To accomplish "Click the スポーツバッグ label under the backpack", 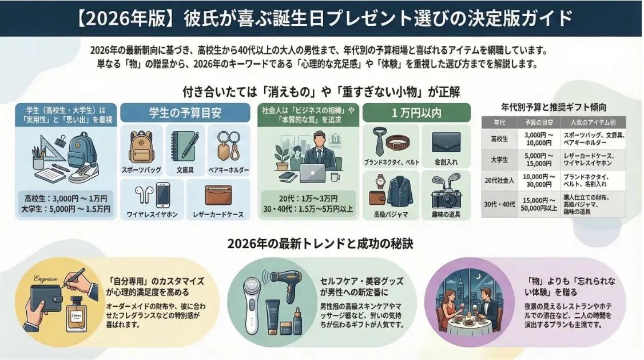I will coord(141,170).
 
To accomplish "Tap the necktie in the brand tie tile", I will coord(380,141).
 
